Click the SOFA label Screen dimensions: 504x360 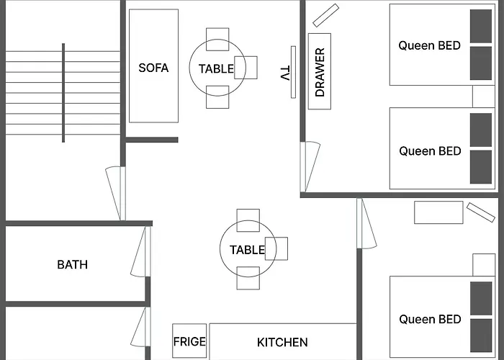153,68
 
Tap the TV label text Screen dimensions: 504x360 285,73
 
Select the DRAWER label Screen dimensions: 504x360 320,72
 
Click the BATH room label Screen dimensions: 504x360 72,264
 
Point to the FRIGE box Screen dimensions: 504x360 189,341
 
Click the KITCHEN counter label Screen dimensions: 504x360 282,342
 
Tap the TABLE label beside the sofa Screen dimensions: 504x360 216,69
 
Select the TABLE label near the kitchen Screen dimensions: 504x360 247,250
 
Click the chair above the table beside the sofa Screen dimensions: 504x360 217,39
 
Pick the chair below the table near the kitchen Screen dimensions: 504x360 248,278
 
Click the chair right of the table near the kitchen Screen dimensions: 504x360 276,248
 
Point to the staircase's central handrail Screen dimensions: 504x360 63,93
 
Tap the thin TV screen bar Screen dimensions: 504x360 293,72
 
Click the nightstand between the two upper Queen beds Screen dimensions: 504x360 483,96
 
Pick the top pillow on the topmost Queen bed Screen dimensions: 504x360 481,26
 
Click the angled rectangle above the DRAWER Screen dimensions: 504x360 326,15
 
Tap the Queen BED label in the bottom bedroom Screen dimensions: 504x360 430,319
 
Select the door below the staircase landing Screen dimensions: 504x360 115,193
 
